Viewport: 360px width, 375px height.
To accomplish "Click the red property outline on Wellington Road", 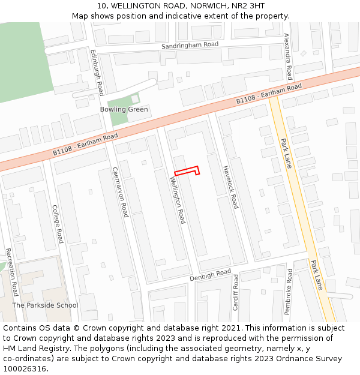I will pyautogui.click(x=186, y=172).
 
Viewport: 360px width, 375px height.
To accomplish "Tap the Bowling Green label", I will pyautogui.click(x=124, y=110).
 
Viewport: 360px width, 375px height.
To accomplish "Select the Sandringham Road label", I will pyautogui.click(x=190, y=45).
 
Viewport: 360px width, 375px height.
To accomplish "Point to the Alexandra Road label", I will pyautogui.click(x=288, y=56).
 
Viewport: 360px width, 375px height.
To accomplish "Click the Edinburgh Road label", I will pyautogui.click(x=97, y=72).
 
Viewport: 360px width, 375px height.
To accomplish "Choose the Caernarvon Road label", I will pyautogui.click(x=121, y=192).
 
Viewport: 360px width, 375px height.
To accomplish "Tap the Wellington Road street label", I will pyautogui.click(x=177, y=200).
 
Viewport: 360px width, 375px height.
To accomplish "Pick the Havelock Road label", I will pyautogui.click(x=230, y=187).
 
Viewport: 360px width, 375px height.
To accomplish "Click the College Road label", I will pyautogui.click(x=58, y=224).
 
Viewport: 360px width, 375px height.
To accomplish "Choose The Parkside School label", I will pyautogui.click(x=45, y=305).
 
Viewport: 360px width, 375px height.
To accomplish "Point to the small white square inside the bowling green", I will pyautogui.click(x=135, y=98).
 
